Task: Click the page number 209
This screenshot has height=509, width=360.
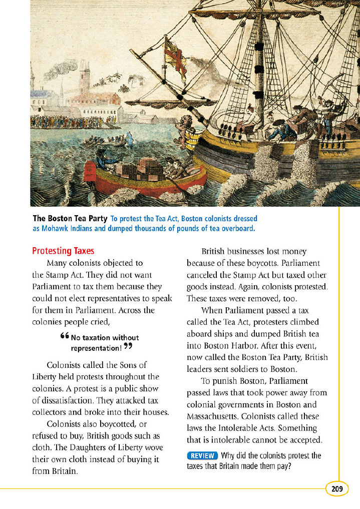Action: [x=337, y=489]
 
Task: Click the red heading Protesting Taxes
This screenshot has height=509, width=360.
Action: [x=63, y=251]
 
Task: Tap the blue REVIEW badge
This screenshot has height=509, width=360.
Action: [x=202, y=455]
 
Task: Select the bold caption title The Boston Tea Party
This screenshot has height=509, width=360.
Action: [x=70, y=219]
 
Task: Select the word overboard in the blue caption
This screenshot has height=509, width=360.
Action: [x=237, y=228]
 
